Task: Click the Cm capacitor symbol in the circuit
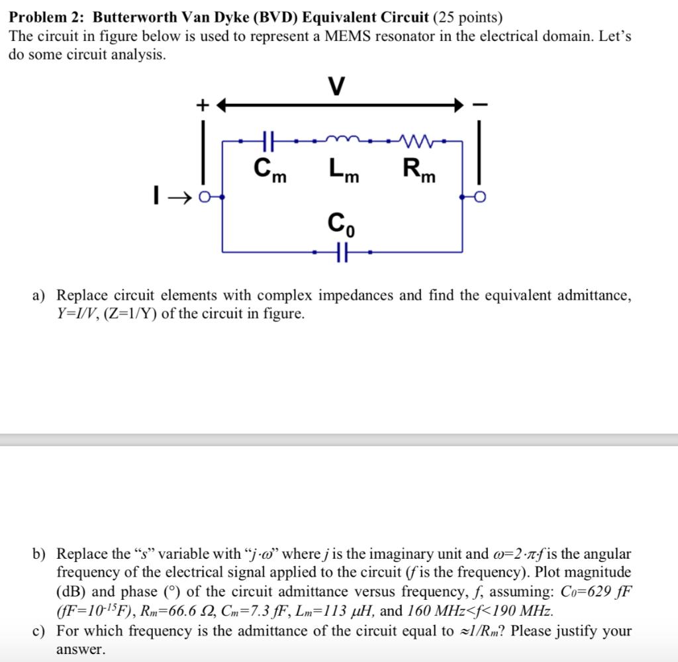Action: pos(269,141)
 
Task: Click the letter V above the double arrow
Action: pos(336,87)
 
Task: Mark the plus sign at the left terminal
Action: pos(203,105)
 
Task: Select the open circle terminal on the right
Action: pos(478,197)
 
